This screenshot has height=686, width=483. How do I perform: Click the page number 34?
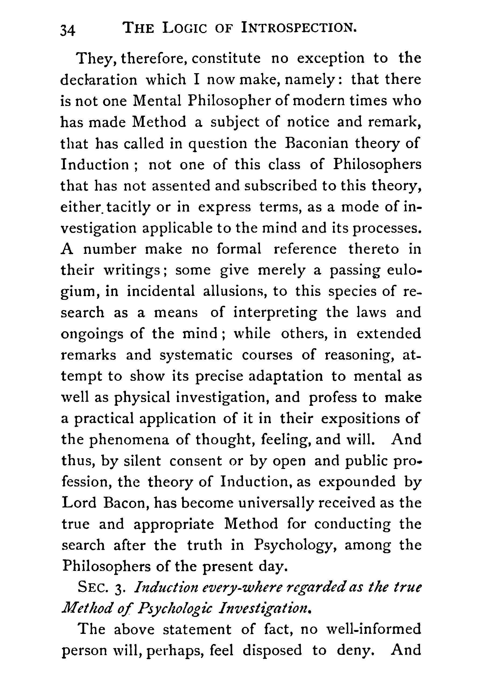pyautogui.click(x=68, y=30)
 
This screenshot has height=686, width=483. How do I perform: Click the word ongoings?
pyautogui.click(x=92, y=334)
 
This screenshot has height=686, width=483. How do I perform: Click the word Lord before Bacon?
pyautogui.click(x=79, y=503)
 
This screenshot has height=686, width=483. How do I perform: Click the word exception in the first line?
pyautogui.click(x=331, y=58)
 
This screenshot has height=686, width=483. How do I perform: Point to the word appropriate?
pyautogui.click(x=174, y=524)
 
